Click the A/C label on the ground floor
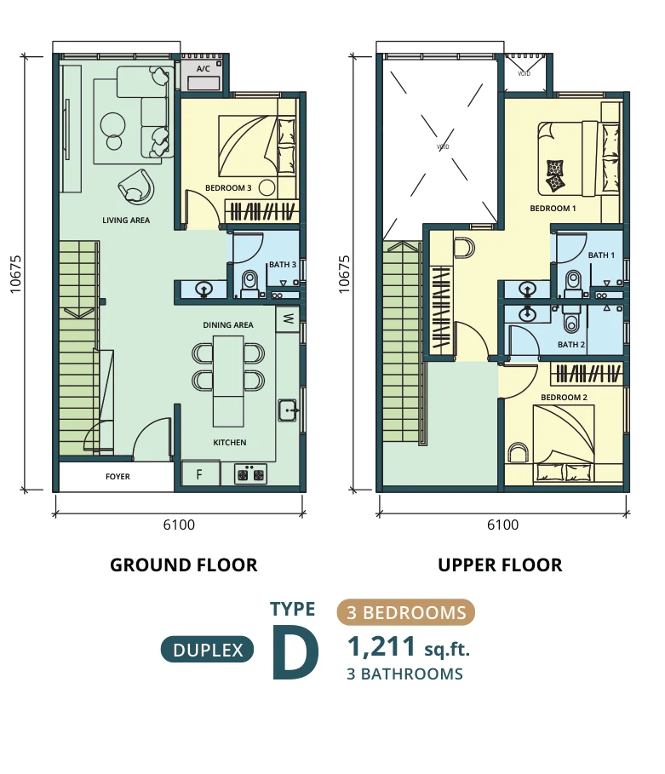tap(203, 69)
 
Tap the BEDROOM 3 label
tap(228, 188)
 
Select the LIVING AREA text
tap(126, 221)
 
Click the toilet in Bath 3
tap(249, 284)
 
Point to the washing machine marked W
tap(288, 318)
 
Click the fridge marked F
tap(200, 474)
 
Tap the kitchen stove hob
tap(250, 474)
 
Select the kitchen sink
tap(288, 410)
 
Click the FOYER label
tap(118, 476)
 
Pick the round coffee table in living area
tap(112, 125)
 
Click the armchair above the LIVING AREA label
tap(135, 186)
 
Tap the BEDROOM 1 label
tap(553, 209)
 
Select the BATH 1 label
tap(601, 255)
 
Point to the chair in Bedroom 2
tap(518, 453)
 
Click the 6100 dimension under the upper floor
tap(502, 525)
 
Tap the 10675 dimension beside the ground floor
tap(15, 274)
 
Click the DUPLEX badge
tap(208, 650)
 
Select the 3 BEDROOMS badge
tap(406, 612)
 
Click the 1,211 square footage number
tap(381, 646)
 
